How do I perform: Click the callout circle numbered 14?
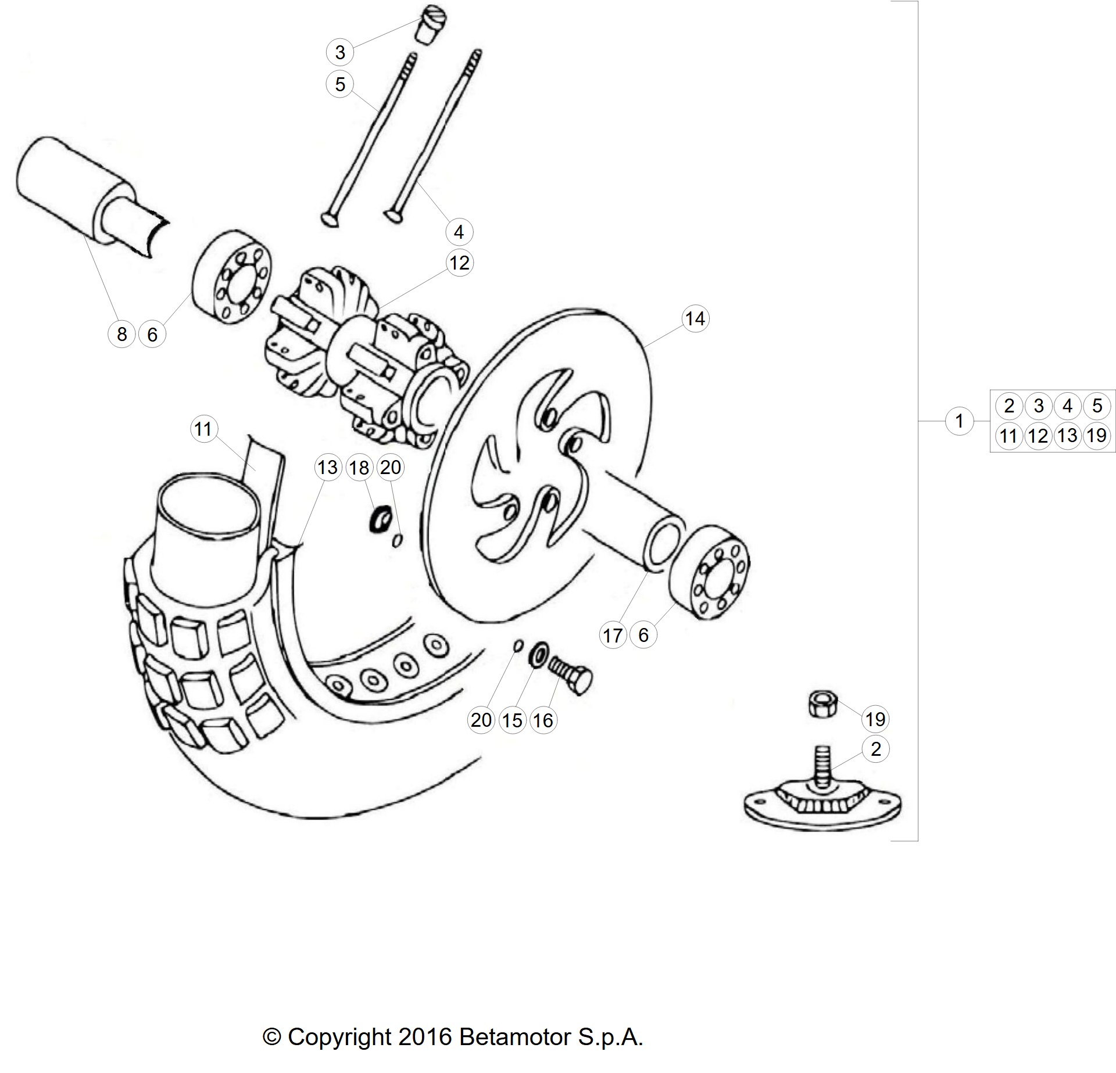click(x=695, y=318)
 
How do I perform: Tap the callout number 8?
click(x=121, y=334)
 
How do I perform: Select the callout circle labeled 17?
click(x=613, y=636)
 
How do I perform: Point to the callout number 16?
click(x=543, y=720)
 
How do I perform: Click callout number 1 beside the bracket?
click(x=959, y=420)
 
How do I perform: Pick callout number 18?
click(x=359, y=467)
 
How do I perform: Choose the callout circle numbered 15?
click(x=512, y=720)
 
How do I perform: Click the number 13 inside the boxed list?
click(x=1068, y=435)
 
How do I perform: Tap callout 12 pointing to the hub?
click(x=459, y=263)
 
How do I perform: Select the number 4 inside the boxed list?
click(x=1068, y=405)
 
